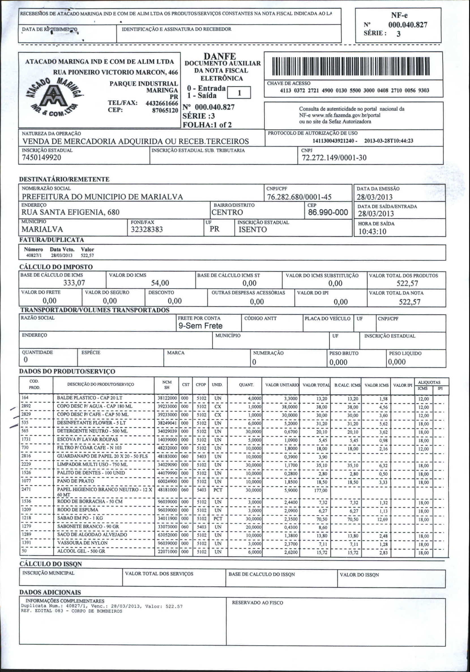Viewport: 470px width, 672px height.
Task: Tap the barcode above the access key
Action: (351, 66)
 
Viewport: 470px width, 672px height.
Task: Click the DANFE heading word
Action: (220, 56)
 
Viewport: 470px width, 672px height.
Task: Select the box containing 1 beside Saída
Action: (239, 93)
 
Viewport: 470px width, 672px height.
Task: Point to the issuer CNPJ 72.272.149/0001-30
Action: (334, 158)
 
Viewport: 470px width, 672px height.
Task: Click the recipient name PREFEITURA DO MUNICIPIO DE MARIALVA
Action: (102, 197)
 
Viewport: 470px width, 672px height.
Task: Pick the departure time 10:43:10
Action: (372, 232)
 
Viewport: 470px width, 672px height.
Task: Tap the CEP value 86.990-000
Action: (328, 212)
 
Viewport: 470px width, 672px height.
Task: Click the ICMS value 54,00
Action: (160, 283)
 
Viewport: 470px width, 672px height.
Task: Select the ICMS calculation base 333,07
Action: (74, 283)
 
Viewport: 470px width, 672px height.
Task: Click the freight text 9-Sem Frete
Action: (200, 326)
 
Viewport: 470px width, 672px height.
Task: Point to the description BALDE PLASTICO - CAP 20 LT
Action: (89, 398)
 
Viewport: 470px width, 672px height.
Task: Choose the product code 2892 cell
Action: (26, 406)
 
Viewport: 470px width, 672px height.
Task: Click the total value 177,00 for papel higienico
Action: (321, 490)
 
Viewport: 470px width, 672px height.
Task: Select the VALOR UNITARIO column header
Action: (282, 385)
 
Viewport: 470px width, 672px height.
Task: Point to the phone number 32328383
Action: (147, 229)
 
